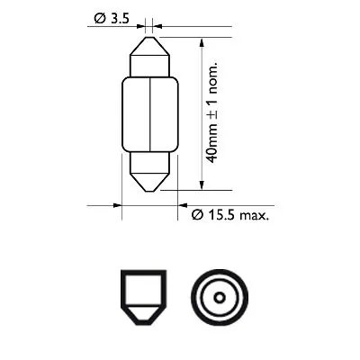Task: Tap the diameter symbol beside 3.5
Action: coord(97,17)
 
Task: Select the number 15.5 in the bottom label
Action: coord(222,214)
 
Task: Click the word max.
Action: coord(257,214)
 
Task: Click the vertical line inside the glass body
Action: coord(148,113)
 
